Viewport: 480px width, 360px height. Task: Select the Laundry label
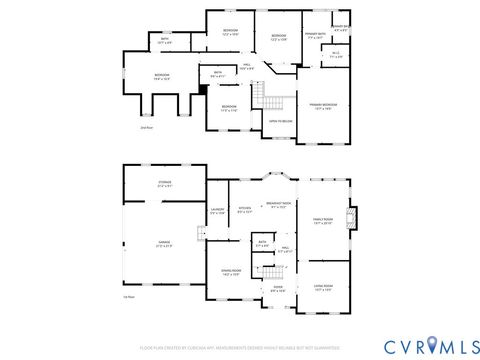(217, 210)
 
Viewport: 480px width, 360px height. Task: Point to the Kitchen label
(244, 210)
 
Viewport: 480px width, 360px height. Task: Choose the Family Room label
(322, 222)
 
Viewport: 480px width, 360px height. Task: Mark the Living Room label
(322, 288)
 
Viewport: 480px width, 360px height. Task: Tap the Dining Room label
(222, 272)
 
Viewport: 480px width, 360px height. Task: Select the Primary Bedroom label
(322, 106)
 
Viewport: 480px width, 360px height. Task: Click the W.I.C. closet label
(336, 56)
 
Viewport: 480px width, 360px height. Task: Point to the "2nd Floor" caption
(145, 128)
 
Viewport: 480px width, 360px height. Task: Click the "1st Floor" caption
(128, 297)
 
